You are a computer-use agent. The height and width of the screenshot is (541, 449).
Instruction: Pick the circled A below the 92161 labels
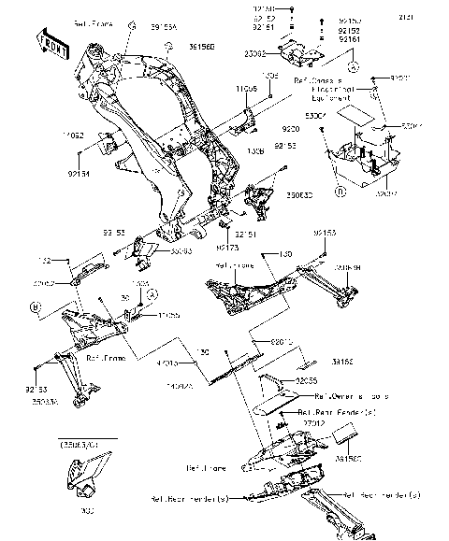point(352,68)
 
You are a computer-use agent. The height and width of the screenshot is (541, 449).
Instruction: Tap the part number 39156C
point(349,459)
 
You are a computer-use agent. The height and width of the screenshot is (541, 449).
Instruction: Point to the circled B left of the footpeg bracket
point(35,306)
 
